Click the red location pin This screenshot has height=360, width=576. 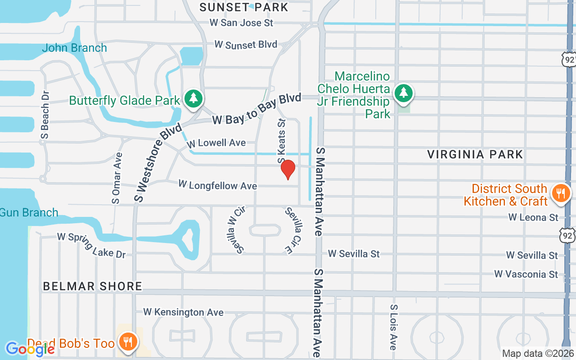tap(288, 169)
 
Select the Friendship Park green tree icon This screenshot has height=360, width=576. tap(404, 93)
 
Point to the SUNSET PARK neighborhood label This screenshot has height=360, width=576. tap(243, 7)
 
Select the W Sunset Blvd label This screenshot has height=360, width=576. tap(246, 45)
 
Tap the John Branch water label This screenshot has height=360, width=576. tap(74, 48)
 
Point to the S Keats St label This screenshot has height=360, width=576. tap(282, 141)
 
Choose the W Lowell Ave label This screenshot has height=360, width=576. tap(216, 143)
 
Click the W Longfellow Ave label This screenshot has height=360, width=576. tap(217, 185)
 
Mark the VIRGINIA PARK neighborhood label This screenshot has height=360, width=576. tap(475, 154)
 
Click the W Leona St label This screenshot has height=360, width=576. tap(533, 217)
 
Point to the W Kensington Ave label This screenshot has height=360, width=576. tap(183, 312)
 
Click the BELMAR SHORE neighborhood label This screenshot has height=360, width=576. tap(93, 286)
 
